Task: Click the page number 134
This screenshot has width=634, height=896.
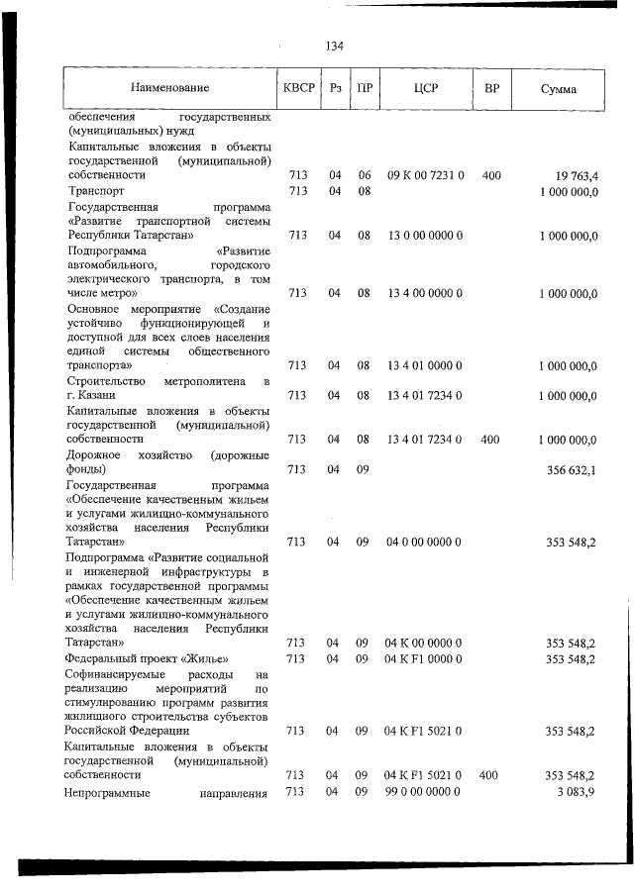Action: pos(334,46)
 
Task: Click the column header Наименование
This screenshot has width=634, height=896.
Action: pos(169,88)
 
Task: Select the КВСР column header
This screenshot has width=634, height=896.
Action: pos(298,88)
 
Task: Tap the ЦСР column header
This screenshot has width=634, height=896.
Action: pos(425,88)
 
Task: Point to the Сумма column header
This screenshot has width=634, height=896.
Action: pos(559,88)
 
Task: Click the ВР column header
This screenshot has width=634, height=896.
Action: pos(491,88)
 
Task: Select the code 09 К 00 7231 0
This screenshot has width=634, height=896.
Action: pos(425,175)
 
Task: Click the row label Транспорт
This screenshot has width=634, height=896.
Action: pos(96,190)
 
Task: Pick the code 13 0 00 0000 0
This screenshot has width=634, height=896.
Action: pos(425,236)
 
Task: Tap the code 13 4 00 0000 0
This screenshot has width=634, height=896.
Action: pos(425,293)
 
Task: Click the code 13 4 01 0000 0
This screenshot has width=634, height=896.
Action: pos(425,366)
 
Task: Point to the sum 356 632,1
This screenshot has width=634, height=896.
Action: pos(572,469)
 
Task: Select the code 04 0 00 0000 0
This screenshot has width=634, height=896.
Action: pos(425,542)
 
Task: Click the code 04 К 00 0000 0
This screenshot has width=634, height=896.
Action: pos(425,643)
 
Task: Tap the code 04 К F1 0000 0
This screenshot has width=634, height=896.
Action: pos(425,658)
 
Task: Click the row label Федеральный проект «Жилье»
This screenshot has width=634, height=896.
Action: pos(148,658)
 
